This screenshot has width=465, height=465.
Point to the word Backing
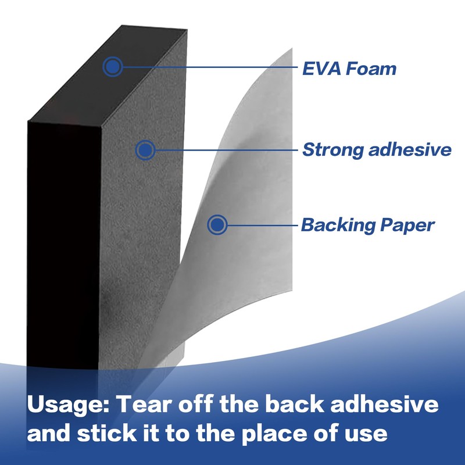[337, 225]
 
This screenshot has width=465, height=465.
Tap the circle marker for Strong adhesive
[145, 151]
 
